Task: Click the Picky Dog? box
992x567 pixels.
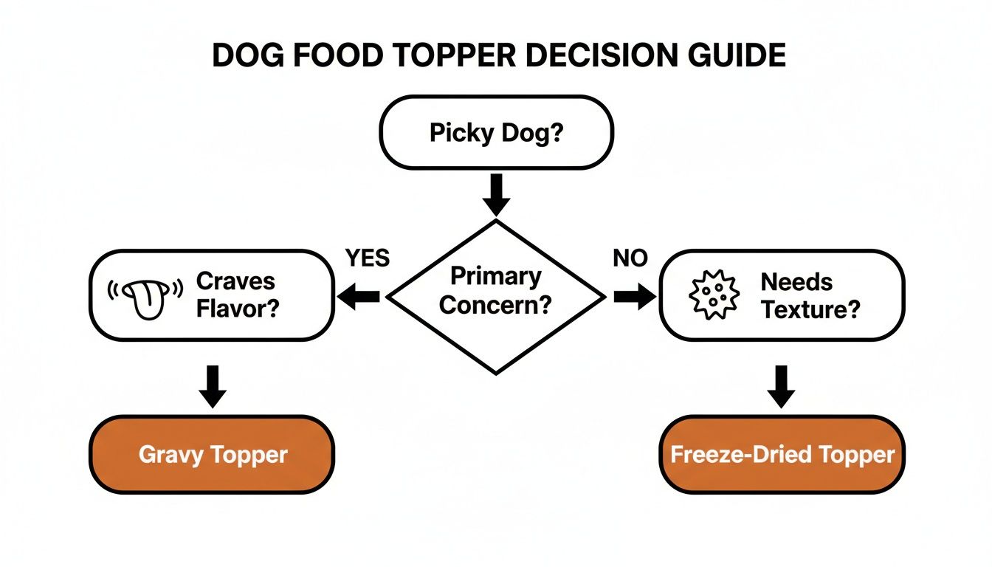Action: pyautogui.click(x=496, y=132)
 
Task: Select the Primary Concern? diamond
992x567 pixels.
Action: pyautogui.click(x=496, y=295)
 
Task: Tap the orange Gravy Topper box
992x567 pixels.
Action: pyautogui.click(x=212, y=454)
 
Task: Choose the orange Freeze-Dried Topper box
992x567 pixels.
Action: pyautogui.click(x=782, y=454)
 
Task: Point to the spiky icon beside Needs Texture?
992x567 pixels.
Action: pyautogui.click(x=712, y=295)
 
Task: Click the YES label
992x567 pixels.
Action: pyautogui.click(x=367, y=258)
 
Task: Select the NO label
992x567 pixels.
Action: pyautogui.click(x=630, y=258)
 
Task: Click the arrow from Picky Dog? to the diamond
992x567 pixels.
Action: pyautogui.click(x=496, y=193)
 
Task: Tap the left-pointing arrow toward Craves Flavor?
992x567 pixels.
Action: pyautogui.click(x=359, y=297)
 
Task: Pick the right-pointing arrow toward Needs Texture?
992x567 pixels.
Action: pyautogui.click(x=633, y=297)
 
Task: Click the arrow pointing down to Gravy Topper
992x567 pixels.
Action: pyautogui.click(x=213, y=385)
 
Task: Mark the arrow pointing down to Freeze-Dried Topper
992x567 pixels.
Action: pyautogui.click(x=782, y=385)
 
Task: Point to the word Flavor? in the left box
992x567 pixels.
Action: pyautogui.click(x=237, y=308)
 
